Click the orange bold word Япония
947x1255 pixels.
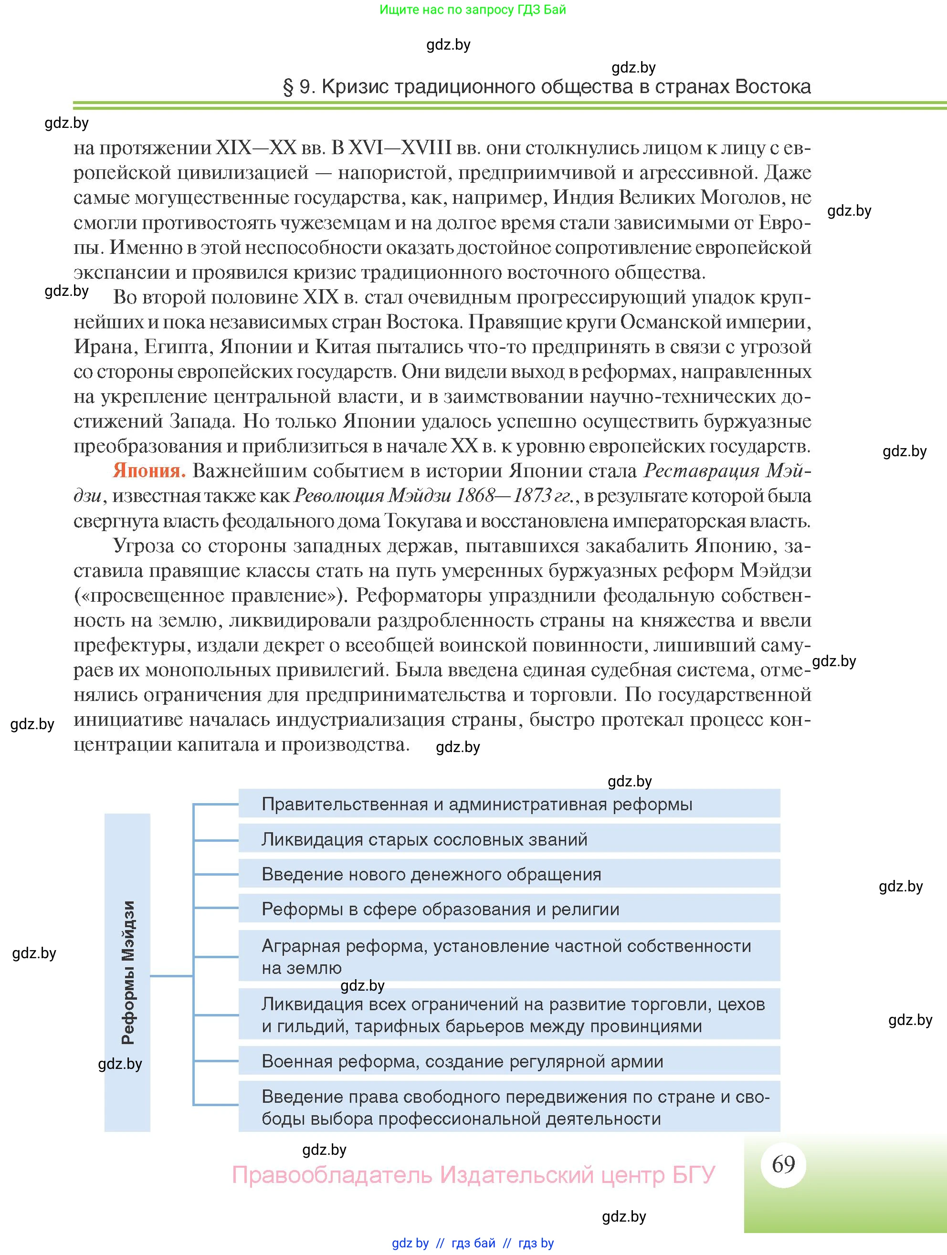(x=149, y=471)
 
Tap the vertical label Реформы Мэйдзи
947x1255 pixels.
(x=128, y=973)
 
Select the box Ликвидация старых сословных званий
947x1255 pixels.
(x=509, y=839)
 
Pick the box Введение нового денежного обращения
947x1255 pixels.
(x=509, y=874)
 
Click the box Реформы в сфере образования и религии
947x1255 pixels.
(x=509, y=910)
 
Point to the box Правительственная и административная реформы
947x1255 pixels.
(x=509, y=804)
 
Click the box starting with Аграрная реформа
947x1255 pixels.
(x=509, y=957)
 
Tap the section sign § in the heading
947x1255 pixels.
(x=288, y=87)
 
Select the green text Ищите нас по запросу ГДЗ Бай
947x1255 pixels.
(x=473, y=10)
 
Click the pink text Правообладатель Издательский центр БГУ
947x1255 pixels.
(x=473, y=1174)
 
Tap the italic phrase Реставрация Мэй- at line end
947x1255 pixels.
(x=727, y=471)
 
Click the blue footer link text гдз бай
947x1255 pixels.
(x=473, y=1243)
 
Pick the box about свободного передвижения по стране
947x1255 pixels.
(x=509, y=1107)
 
